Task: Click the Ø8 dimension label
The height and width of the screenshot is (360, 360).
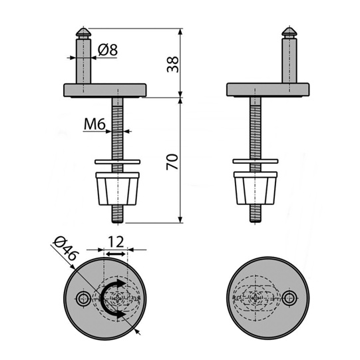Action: [108, 50]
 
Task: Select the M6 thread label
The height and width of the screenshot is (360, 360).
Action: [94, 124]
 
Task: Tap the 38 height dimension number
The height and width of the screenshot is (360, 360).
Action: [172, 65]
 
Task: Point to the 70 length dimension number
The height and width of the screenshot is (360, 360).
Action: [172, 162]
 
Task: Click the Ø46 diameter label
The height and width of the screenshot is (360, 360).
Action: [66, 249]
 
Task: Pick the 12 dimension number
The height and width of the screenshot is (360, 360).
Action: [116, 242]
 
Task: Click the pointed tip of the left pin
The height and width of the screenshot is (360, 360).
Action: [83, 28]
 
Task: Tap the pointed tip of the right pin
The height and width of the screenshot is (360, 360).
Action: [289, 28]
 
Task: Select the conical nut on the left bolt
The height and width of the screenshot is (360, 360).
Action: [117, 189]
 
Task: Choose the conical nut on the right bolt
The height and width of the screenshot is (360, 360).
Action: [256, 188]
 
